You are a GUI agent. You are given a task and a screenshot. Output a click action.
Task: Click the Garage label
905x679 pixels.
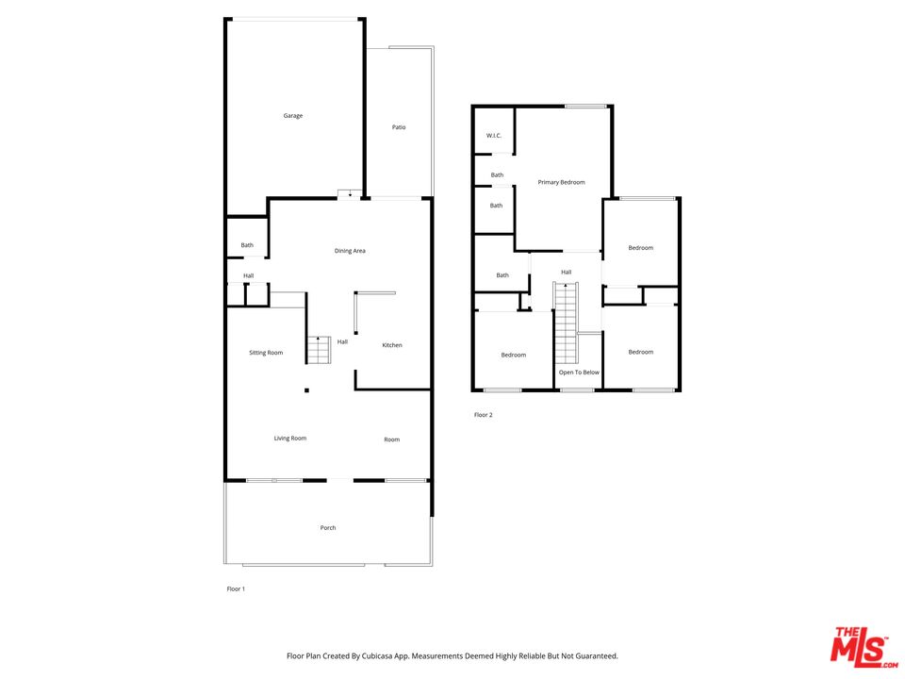(x=292, y=115)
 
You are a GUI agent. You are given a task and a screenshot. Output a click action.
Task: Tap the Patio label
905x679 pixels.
(x=399, y=127)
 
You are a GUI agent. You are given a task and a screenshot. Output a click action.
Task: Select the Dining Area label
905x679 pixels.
(x=350, y=251)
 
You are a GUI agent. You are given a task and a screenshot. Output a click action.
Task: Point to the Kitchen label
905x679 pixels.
(x=392, y=345)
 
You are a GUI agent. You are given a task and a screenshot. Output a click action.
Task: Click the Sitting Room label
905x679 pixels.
(x=266, y=353)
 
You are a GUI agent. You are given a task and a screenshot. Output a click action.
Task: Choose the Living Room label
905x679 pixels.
(x=290, y=439)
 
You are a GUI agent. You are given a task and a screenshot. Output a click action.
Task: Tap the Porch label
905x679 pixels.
(x=328, y=528)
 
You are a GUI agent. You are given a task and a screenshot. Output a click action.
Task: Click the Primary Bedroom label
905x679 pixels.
(x=562, y=182)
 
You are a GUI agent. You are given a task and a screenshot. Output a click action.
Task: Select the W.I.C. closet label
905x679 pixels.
(x=494, y=136)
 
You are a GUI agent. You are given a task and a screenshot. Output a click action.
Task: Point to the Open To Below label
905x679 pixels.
(x=579, y=373)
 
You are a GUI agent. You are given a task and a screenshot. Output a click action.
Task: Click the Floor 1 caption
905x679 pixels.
(x=236, y=588)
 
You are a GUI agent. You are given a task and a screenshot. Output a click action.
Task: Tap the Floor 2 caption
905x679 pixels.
(x=483, y=415)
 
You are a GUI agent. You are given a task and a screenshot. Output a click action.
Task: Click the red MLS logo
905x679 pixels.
(x=864, y=647)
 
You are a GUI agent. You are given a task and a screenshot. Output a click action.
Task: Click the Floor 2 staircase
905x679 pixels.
(x=566, y=323)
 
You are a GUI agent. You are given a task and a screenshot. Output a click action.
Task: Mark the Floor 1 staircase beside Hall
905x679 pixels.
(x=319, y=350)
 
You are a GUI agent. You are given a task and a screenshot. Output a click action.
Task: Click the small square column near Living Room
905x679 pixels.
(x=306, y=390)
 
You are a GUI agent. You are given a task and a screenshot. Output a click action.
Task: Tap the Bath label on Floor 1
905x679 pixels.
(x=247, y=245)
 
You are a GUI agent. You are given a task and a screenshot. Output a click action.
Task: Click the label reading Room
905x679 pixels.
(x=392, y=440)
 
